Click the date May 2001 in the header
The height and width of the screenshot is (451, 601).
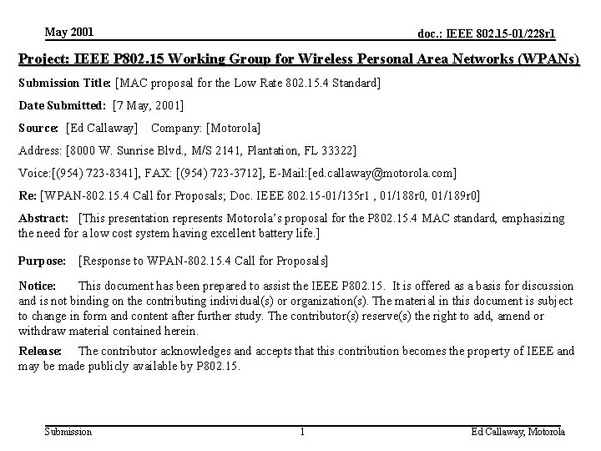[69, 33]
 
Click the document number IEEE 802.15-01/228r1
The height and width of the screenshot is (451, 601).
[487, 34]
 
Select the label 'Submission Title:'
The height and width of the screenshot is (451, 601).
[65, 83]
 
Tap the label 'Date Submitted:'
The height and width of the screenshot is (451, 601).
[62, 105]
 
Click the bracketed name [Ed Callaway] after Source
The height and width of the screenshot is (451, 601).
[102, 128]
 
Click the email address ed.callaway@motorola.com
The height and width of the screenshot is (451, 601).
[381, 173]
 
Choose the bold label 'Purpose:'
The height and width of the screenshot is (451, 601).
[43, 261]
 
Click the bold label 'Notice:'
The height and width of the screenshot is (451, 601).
[38, 286]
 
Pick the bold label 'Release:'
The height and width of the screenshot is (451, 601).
[40, 352]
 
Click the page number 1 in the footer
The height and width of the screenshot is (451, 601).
[302, 432]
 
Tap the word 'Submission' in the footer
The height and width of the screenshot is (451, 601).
[68, 432]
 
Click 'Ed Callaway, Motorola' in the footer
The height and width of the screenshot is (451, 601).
[518, 432]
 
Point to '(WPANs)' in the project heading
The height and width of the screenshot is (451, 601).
[549, 60]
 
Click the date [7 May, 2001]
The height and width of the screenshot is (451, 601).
[148, 105]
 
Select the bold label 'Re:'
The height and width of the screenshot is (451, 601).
[28, 195]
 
